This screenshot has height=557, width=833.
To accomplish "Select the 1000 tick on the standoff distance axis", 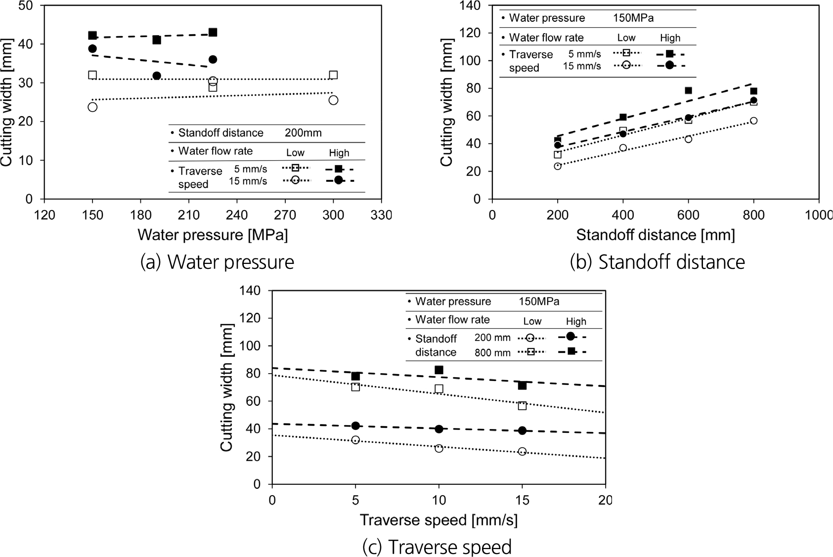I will (x=819, y=215).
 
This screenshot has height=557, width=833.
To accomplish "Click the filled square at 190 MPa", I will (x=157, y=40).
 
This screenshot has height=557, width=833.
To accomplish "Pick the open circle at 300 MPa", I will (x=333, y=100).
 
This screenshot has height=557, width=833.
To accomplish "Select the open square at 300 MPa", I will (x=333, y=75).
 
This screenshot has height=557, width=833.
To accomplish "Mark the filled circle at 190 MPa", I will (x=157, y=76).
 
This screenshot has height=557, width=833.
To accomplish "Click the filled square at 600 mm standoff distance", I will (x=688, y=90).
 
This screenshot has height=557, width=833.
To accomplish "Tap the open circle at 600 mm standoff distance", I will (x=688, y=139).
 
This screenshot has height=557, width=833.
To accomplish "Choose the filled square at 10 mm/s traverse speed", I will (x=438, y=370).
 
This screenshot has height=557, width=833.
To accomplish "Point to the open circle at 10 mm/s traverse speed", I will (x=438, y=448).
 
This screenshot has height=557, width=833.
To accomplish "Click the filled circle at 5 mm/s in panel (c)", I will (x=355, y=426).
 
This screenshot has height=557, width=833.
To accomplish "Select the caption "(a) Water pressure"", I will (x=217, y=262).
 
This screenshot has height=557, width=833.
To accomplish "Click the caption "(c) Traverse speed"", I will (x=437, y=547).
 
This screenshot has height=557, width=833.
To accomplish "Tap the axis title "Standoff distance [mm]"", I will (x=655, y=234).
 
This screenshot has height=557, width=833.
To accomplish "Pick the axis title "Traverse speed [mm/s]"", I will (x=438, y=519).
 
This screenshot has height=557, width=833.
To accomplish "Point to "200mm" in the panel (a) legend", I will (x=303, y=133).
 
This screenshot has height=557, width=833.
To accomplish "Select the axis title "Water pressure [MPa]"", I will (x=213, y=234).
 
